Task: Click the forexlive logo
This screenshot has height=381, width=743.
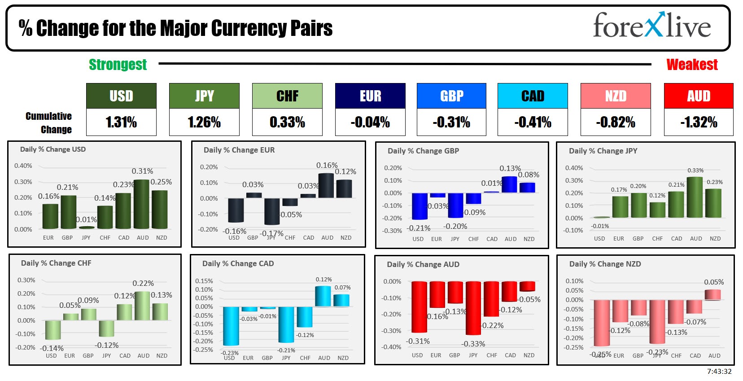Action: pos(651,26)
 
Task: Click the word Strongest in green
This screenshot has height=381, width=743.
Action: pos(118,65)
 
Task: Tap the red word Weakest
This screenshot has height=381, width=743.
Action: pos(692,65)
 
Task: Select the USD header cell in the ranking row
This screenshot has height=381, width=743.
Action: pos(121,96)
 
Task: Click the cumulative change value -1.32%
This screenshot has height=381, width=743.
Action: pos(699,122)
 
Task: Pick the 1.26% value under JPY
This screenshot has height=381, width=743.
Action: pos(204,122)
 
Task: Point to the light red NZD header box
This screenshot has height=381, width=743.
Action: pos(615,96)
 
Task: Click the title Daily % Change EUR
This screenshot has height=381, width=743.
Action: pos(239,150)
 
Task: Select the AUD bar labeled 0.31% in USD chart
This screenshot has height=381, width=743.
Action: pos(142,204)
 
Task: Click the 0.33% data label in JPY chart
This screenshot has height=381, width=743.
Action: pos(695,171)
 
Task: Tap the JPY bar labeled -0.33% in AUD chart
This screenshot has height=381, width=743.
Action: pos(473,308)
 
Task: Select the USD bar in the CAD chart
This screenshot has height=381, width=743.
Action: pos(231,326)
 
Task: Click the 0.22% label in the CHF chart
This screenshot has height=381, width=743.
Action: pos(143,283)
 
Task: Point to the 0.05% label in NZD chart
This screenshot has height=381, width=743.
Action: pos(713,282)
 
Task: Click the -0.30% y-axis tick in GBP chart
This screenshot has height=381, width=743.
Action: pos(393,231)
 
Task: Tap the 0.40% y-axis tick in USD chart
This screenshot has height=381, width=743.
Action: pos(23,166)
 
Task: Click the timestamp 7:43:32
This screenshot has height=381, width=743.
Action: pos(719,372)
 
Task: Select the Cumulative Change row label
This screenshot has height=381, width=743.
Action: pos(48,123)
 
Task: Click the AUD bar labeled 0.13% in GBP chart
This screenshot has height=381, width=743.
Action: pos(509,184)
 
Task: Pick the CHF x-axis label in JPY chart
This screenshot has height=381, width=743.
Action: pos(657,239)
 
